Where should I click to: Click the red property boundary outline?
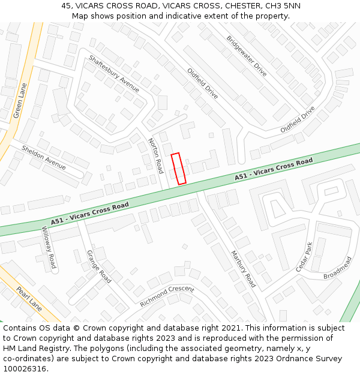coord(178,169)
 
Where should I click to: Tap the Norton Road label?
coord(155,155)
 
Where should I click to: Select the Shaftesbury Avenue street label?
coord(114,74)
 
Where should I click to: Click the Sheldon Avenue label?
coord(44,157)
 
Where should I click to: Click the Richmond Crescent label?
coord(167,296)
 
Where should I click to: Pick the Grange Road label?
coord(99,266)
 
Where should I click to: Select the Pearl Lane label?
coord(29,299)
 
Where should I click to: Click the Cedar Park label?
coord(304,257)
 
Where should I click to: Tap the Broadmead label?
coord(338,268)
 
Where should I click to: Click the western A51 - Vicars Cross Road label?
coord(90,214)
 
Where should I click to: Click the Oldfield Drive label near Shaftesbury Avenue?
coord(203,83)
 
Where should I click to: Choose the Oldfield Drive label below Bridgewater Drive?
coord(298,120)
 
